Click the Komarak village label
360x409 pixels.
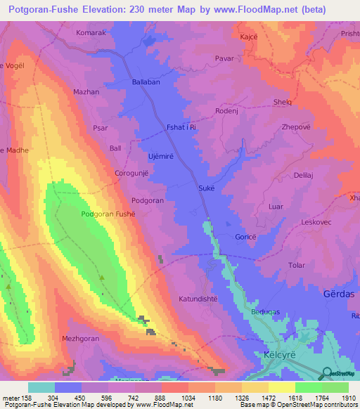click(90, 33)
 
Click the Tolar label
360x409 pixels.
click(297, 265)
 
